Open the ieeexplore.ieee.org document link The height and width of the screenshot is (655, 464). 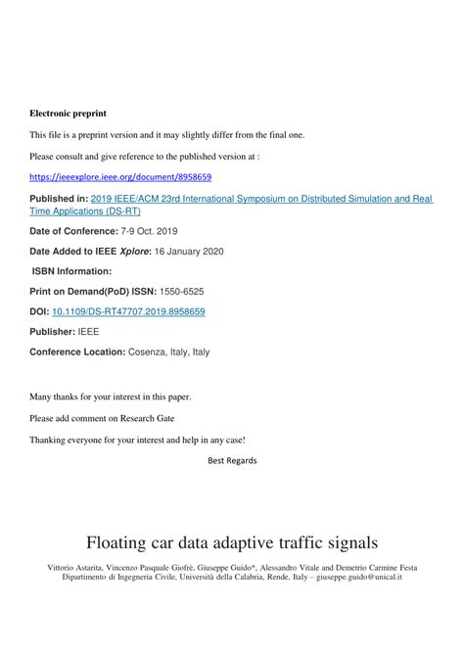(x=120, y=177)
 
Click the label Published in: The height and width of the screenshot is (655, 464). (x=59, y=198)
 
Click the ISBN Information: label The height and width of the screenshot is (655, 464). (x=72, y=271)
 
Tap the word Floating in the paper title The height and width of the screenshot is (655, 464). (x=117, y=541)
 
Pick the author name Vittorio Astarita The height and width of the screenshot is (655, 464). (x=74, y=568)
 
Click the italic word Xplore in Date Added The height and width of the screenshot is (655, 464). (x=132, y=251)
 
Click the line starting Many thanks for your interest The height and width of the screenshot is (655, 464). (x=111, y=397)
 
